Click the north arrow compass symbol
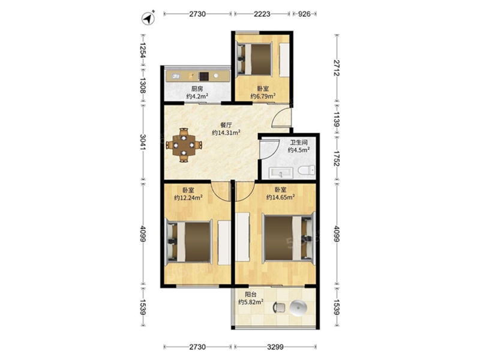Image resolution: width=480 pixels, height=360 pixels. pyautogui.click(x=148, y=18)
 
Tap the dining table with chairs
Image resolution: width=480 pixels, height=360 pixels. pyautogui.click(x=184, y=145)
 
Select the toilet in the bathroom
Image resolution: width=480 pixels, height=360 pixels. pyautogui.click(x=307, y=170)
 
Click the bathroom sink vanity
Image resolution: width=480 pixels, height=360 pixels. pyautogui.click(x=281, y=173)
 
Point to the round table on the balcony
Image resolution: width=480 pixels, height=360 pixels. pyautogui.click(x=297, y=308)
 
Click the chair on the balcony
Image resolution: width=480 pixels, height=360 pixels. pyautogui.click(x=279, y=308)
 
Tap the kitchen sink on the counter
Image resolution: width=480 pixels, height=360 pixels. pyautogui.click(x=176, y=76)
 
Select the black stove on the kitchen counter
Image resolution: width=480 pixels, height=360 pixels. pyautogui.click(x=203, y=76)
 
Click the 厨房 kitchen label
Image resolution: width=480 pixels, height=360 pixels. pyautogui.click(x=197, y=89)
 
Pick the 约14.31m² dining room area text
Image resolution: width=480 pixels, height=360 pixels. pyautogui.click(x=226, y=133)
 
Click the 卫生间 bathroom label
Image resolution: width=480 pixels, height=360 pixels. pyautogui.click(x=299, y=142)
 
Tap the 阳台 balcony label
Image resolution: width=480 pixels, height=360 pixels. pyautogui.click(x=251, y=295)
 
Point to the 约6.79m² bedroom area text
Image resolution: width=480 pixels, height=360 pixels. pyautogui.click(x=263, y=96)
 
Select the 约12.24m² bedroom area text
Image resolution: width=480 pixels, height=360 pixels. pyautogui.click(x=188, y=198)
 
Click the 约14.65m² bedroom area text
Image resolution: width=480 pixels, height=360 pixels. pyautogui.click(x=280, y=197)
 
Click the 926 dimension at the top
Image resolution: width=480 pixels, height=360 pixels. pyautogui.click(x=304, y=14)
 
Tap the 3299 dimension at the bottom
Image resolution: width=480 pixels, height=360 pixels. pyautogui.click(x=275, y=347)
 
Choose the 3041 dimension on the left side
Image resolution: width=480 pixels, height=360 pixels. pyautogui.click(x=143, y=142)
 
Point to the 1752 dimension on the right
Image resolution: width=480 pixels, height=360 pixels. pyautogui.click(x=337, y=158)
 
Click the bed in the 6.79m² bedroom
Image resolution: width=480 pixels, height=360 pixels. pyautogui.click(x=254, y=59)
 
